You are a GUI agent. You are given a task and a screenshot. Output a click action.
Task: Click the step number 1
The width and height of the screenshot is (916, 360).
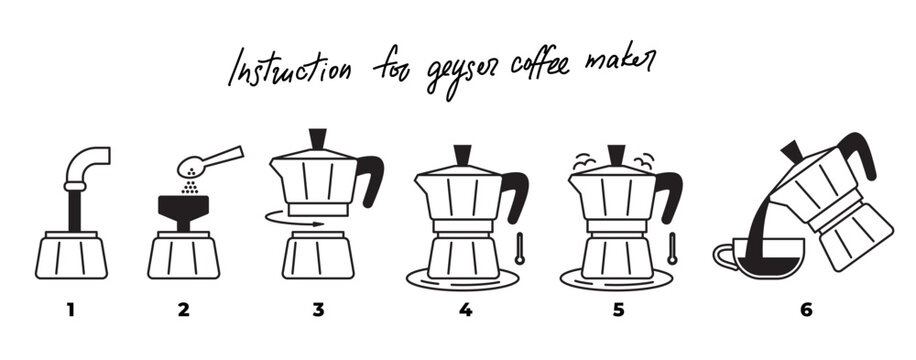tap(70, 310)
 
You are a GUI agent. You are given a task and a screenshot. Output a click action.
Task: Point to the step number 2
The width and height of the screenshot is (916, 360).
tap(183, 310)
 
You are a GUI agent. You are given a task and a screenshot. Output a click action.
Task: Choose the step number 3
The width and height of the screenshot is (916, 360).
tap(318, 310)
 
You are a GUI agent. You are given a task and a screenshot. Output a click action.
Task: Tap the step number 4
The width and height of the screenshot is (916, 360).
tap(465, 310)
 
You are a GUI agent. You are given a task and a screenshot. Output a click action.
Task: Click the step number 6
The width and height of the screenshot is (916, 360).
tap(806, 310)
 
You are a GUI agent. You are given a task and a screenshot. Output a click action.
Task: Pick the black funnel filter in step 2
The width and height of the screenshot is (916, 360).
tap(184, 209)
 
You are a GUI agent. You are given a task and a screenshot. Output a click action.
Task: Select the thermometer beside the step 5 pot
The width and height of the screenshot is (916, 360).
tap(672, 248)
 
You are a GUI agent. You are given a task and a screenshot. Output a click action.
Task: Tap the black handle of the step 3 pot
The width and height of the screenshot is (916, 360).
tap(372, 177)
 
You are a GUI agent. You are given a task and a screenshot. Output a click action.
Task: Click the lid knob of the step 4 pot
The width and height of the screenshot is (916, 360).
tap(464, 156)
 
